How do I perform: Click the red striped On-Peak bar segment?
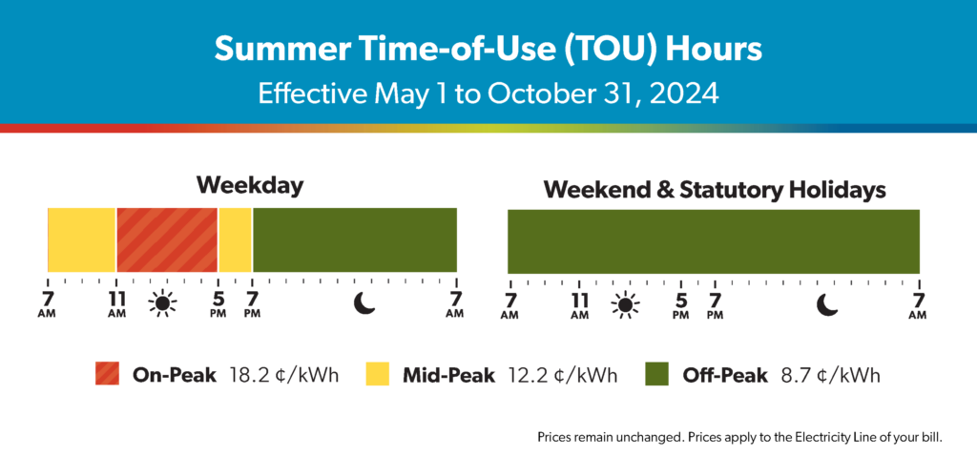(x=166, y=240)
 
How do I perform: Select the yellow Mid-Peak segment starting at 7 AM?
(x=82, y=240)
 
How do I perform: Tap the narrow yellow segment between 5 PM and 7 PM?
(x=235, y=240)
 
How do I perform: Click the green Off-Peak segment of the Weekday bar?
(x=355, y=240)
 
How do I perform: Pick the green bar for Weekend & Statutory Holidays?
(x=714, y=240)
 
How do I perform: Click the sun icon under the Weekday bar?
(x=162, y=303)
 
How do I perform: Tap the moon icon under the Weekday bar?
(x=365, y=303)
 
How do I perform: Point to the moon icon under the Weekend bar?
(x=827, y=303)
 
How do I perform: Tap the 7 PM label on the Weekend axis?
(x=716, y=305)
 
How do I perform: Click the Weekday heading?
(x=251, y=186)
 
